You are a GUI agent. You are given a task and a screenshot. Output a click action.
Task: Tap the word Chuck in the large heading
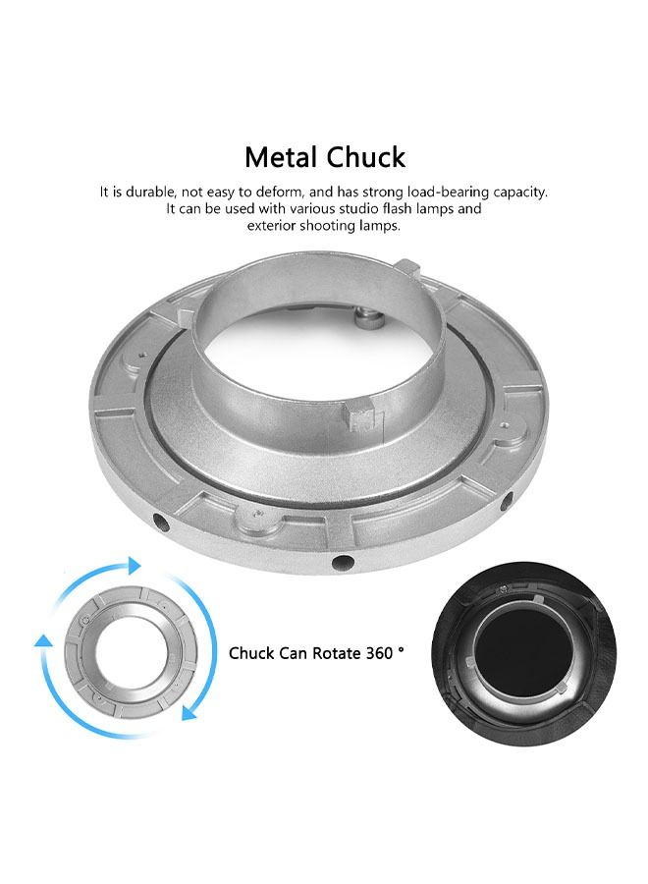click(x=365, y=157)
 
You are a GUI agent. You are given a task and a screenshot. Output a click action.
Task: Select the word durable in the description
click(x=149, y=192)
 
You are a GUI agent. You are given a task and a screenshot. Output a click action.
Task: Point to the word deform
click(x=279, y=193)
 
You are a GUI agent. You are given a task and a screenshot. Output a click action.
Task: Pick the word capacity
click(x=520, y=193)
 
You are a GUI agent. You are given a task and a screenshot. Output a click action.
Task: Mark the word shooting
click(x=327, y=227)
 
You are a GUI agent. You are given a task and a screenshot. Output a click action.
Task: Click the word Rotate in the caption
click(x=337, y=653)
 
